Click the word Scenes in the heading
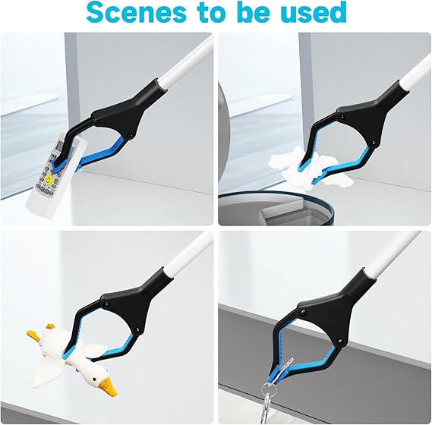pyautogui.click(x=137, y=12)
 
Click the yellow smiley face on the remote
pyautogui.click(x=49, y=180)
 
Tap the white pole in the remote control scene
pyautogui.click(x=188, y=62)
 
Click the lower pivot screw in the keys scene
pyautogui.click(x=339, y=341)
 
